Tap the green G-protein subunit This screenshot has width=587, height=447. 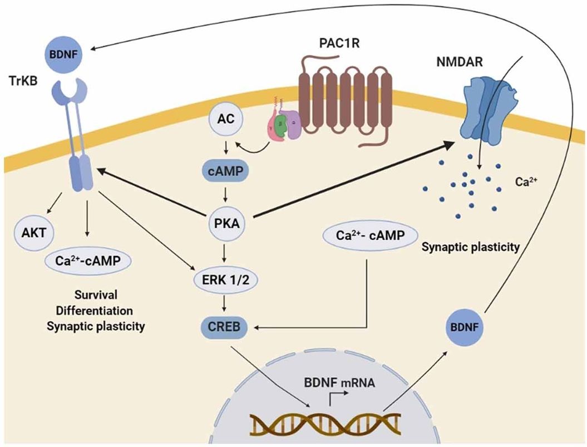click(x=283, y=126)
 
